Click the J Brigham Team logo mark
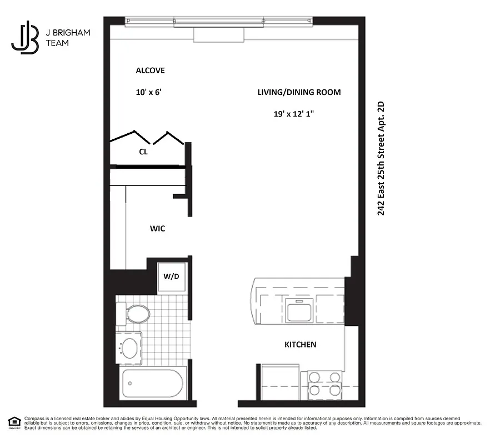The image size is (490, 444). pos(25,38)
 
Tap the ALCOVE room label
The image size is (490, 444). pos(150,70)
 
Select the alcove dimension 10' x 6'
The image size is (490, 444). pos(148,92)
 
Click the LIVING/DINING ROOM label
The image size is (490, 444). pos(299,92)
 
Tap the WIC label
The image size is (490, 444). pos(157,228)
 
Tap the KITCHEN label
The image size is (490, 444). pos(300,345)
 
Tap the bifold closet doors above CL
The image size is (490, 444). pos(147,138)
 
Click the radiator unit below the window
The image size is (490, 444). pos(218,34)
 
